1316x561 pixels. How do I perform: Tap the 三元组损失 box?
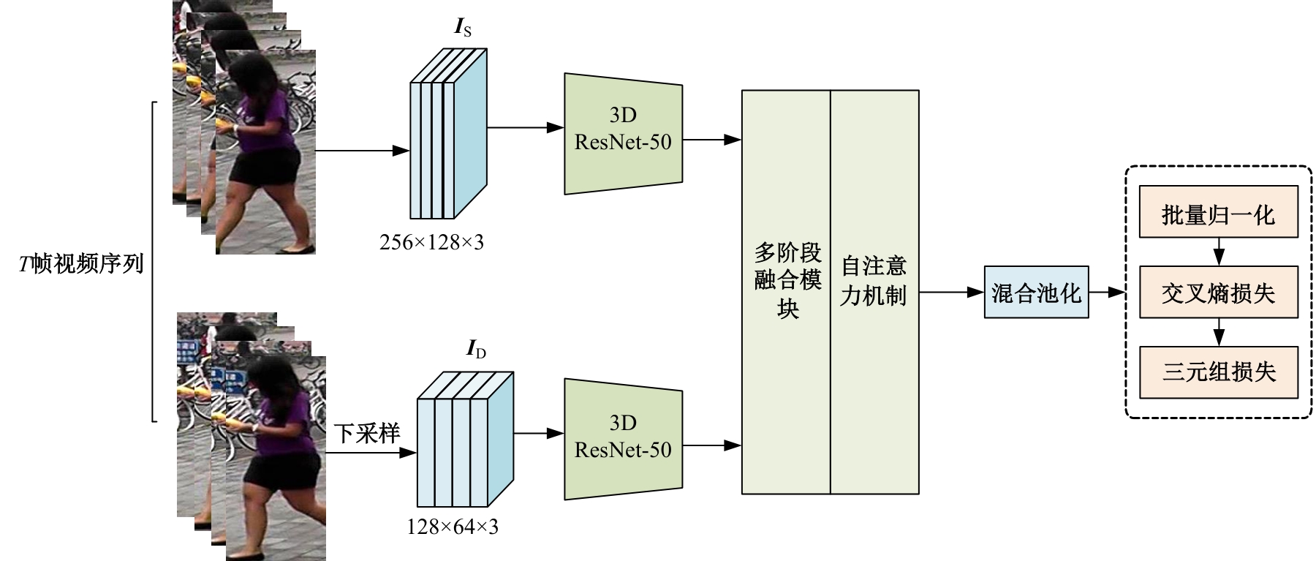click(1218, 372)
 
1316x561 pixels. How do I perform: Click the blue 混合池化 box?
click(1036, 292)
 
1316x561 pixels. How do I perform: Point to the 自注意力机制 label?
click(874, 280)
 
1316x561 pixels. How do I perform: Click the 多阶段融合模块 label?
click(787, 280)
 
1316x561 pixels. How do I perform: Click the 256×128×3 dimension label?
click(431, 242)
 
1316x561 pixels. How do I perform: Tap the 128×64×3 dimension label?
click(453, 526)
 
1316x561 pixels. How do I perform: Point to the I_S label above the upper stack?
click(463, 29)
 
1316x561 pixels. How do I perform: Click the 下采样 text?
click(367, 434)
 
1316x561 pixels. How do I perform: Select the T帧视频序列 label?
click(80, 263)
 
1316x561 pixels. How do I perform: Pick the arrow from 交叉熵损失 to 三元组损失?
click(1218, 332)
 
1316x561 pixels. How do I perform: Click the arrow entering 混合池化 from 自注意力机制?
click(951, 292)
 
